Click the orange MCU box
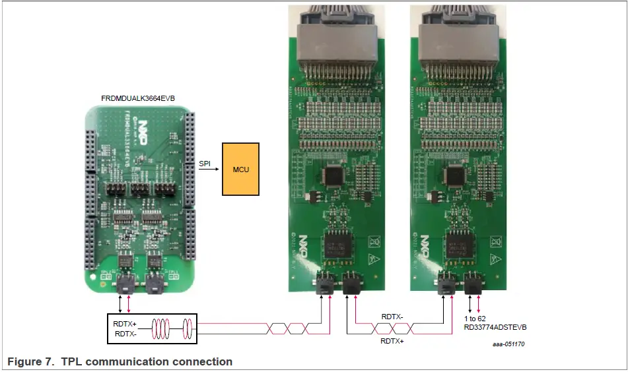pyautogui.click(x=241, y=169)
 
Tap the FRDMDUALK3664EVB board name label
pyautogui.click(x=137, y=98)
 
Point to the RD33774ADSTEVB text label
pyautogui.click(x=495, y=327)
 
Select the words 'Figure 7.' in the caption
pyautogui.click(x=25, y=361)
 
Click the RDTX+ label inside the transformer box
pyautogui.click(x=125, y=324)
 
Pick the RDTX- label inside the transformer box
pyautogui.click(x=125, y=333)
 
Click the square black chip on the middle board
pyautogui.click(x=333, y=174)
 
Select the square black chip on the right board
pyautogui.click(x=455, y=174)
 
